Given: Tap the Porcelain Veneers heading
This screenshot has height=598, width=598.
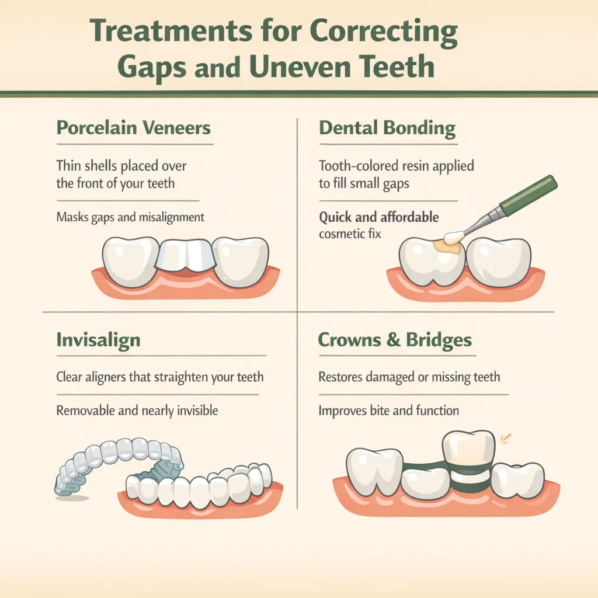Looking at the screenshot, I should pyautogui.click(x=134, y=128).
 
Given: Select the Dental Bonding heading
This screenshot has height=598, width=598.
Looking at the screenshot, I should pyautogui.click(x=387, y=128).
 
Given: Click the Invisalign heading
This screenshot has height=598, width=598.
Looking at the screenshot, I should pyautogui.click(x=98, y=340).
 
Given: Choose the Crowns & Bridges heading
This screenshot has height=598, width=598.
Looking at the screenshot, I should pyautogui.click(x=395, y=340).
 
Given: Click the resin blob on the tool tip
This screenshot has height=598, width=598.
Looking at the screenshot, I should pyautogui.click(x=454, y=237).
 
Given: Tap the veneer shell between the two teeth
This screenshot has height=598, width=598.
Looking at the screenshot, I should pyautogui.click(x=186, y=257).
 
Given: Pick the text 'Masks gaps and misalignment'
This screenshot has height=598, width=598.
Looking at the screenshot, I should pyautogui.click(x=130, y=217).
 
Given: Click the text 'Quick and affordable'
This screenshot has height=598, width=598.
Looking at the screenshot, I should pyautogui.click(x=378, y=218).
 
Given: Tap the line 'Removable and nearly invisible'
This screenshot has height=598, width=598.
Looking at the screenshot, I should pyautogui.click(x=137, y=411).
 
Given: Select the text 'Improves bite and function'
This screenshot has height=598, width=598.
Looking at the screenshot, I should pyautogui.click(x=388, y=411).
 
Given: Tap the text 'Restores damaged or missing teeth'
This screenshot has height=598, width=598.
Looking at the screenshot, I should pyautogui.click(x=409, y=377).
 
